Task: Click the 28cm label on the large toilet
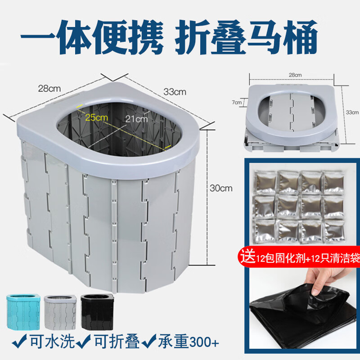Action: pos(49,89)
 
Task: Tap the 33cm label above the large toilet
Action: pos(175,92)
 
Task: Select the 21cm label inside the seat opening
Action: pos(136,119)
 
